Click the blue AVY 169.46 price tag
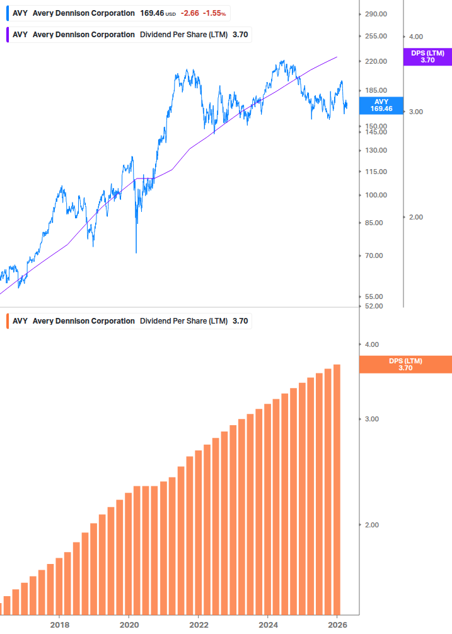pyautogui.click(x=380, y=105)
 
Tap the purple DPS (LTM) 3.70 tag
pyautogui.click(x=427, y=57)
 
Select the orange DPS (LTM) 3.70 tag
pyautogui.click(x=405, y=365)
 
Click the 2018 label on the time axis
pyautogui.click(x=59, y=625)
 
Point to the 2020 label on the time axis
pyautogui.click(x=129, y=625)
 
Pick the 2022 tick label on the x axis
pyautogui.click(x=199, y=625)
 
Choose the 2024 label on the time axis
pyautogui.click(x=268, y=625)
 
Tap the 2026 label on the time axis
pyautogui.click(x=338, y=625)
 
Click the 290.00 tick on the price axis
pyautogui.click(x=375, y=14)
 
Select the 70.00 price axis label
pyautogui.click(x=375, y=255)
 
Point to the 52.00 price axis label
pyautogui.click(x=375, y=306)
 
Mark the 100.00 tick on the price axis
pyautogui.click(x=375, y=195)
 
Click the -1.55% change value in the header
pyautogui.click(x=214, y=13)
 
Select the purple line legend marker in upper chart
pyautogui.click(x=6, y=35)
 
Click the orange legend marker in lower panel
pyautogui.click(x=6, y=320)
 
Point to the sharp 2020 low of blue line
pyautogui.click(x=136, y=252)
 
